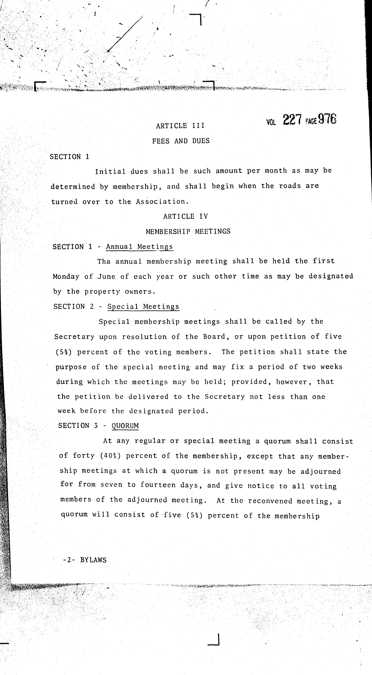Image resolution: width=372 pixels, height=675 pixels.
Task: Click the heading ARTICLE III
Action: coord(180,126)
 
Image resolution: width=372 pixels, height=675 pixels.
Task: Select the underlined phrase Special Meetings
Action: coord(143,307)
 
